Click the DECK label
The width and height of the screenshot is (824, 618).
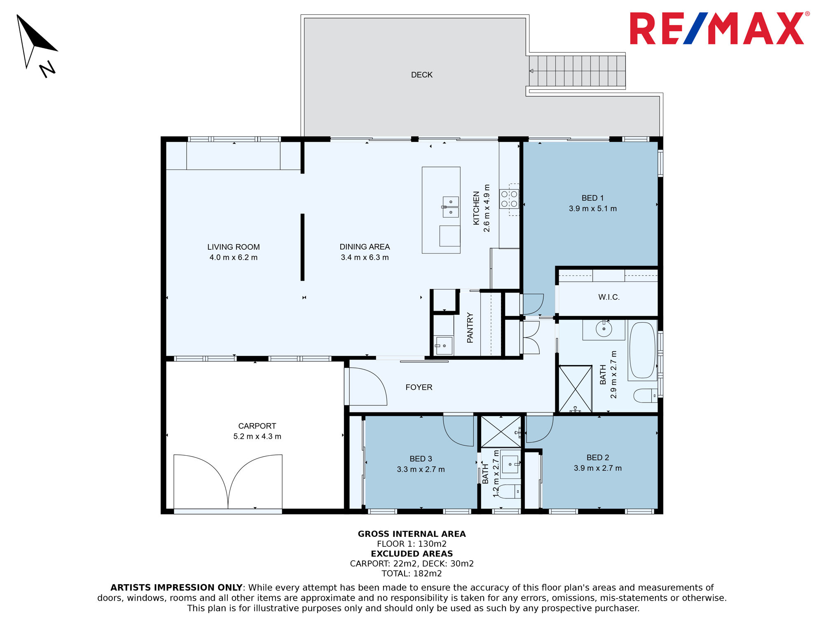422,75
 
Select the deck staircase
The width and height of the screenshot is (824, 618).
577,71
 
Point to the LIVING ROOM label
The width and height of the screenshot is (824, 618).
234,247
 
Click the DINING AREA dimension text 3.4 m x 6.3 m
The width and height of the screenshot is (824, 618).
365,257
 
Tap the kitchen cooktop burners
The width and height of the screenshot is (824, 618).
509,199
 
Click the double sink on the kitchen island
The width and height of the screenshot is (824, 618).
451,207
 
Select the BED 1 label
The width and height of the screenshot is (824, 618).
592,198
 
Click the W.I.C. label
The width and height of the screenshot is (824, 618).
609,297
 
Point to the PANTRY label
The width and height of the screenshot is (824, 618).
470,328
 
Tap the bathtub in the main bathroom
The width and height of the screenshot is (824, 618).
642,350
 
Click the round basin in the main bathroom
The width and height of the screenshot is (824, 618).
604,329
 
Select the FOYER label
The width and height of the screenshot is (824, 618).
419,387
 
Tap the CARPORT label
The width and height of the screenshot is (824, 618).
257,426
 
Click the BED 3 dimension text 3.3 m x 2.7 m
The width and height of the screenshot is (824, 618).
421,469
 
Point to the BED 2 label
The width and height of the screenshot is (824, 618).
598,458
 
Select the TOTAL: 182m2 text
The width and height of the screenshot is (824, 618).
412,574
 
